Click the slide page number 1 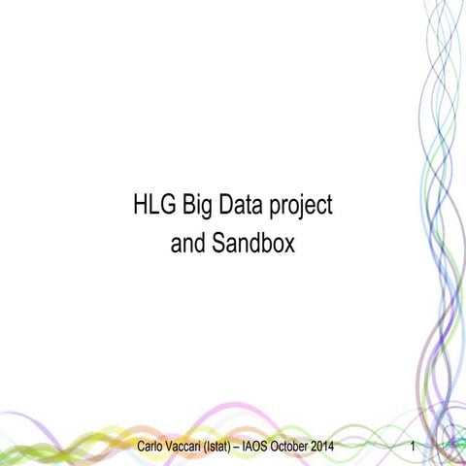(x=415, y=447)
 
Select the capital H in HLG (x=139, y=206)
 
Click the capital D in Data (x=227, y=206)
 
